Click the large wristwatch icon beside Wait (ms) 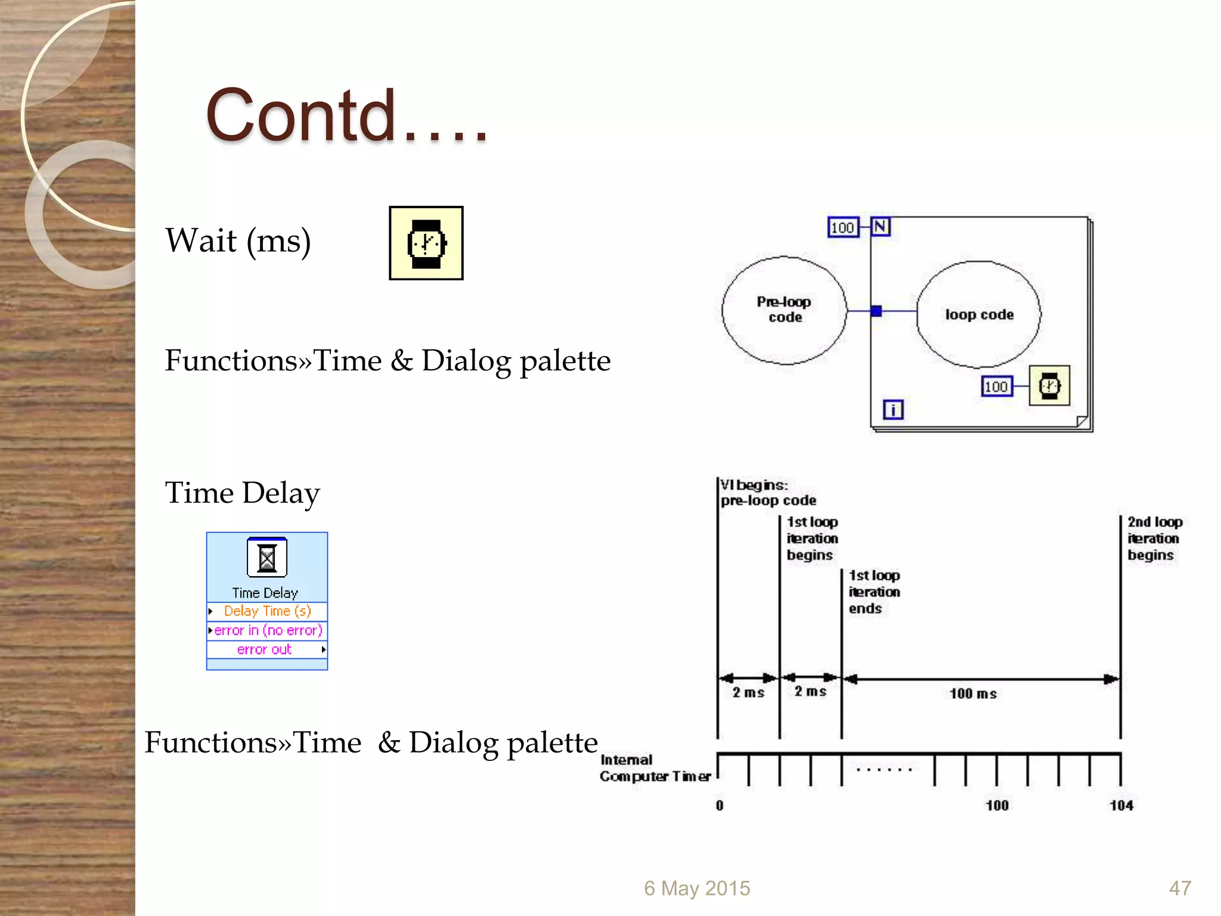pos(426,243)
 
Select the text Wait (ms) pos(238,241)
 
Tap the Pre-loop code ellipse pos(784,310)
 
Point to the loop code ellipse pos(978,314)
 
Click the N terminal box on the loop pos(881,227)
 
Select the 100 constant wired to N pos(842,227)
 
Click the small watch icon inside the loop pos(1049,386)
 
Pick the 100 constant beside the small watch pos(996,386)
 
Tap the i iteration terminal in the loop pos(892,410)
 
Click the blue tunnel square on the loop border pos(876,311)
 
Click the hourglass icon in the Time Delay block pos(266,558)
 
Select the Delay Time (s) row pos(266,611)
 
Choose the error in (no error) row pos(266,630)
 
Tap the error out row pos(266,649)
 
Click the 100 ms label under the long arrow pos(972,694)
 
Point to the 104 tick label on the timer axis pos(1121,806)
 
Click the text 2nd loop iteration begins pos(1154,539)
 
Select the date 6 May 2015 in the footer pos(696,888)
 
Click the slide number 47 pos(1179,888)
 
